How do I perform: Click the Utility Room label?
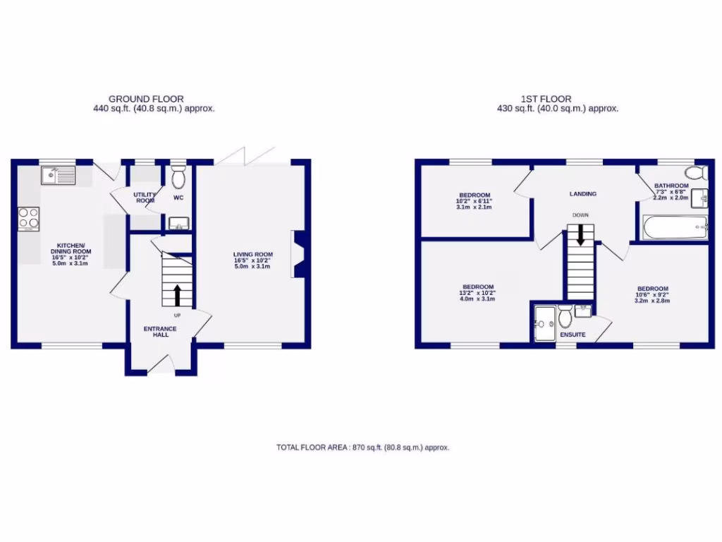point(145,197)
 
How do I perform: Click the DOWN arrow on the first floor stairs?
point(580,235)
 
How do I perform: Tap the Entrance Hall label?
point(160,332)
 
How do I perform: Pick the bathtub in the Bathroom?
point(673,227)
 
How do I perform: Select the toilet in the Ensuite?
point(565,317)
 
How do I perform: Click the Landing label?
point(582,193)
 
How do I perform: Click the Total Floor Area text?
point(362,447)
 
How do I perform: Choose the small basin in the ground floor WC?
point(178,225)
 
